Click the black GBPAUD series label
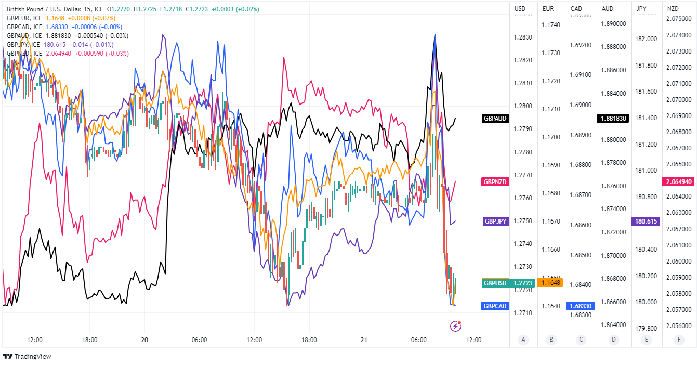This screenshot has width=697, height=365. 495,118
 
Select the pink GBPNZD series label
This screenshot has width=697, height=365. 495,181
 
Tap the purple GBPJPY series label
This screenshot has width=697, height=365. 495,221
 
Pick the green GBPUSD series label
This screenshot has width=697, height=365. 494,283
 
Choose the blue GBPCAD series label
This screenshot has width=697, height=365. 495,306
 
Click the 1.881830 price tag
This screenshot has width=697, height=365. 613,118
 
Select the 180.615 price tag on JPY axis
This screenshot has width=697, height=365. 646,221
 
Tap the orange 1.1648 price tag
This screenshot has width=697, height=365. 550,283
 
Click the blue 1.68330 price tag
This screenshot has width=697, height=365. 581,306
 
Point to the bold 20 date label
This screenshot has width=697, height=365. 144,340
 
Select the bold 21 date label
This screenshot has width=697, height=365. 364,340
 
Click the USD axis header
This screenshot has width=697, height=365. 520,8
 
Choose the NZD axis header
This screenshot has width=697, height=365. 673,8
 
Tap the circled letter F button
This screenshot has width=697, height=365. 678,340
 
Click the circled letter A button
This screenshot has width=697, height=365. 523,340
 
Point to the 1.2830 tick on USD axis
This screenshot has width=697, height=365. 523,37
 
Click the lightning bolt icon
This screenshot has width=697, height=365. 455,326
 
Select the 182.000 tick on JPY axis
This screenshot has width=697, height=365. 646,39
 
